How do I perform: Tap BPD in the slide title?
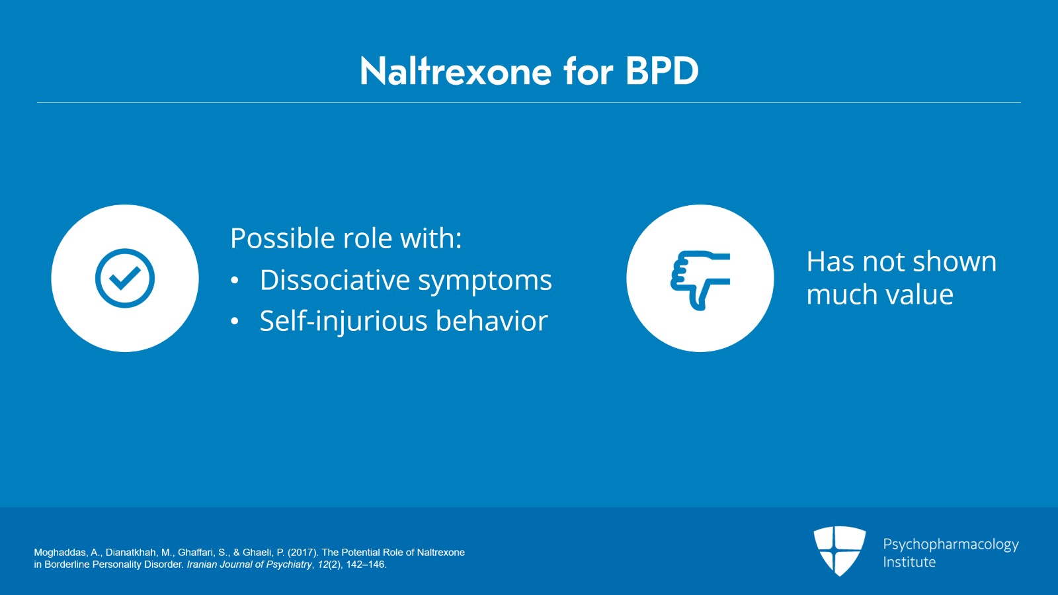point(662,71)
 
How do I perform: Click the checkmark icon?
point(125,279)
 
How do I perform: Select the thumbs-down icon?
point(700,280)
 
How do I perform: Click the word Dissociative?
point(335,280)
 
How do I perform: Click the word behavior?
point(492,321)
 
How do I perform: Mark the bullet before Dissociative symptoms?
point(235,280)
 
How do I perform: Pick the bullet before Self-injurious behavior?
point(235,322)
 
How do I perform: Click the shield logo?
point(839,551)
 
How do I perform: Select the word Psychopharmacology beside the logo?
point(951,545)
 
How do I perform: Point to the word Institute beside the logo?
point(909,563)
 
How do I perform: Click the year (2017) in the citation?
point(303,553)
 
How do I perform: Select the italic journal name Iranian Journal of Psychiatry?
point(249,565)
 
